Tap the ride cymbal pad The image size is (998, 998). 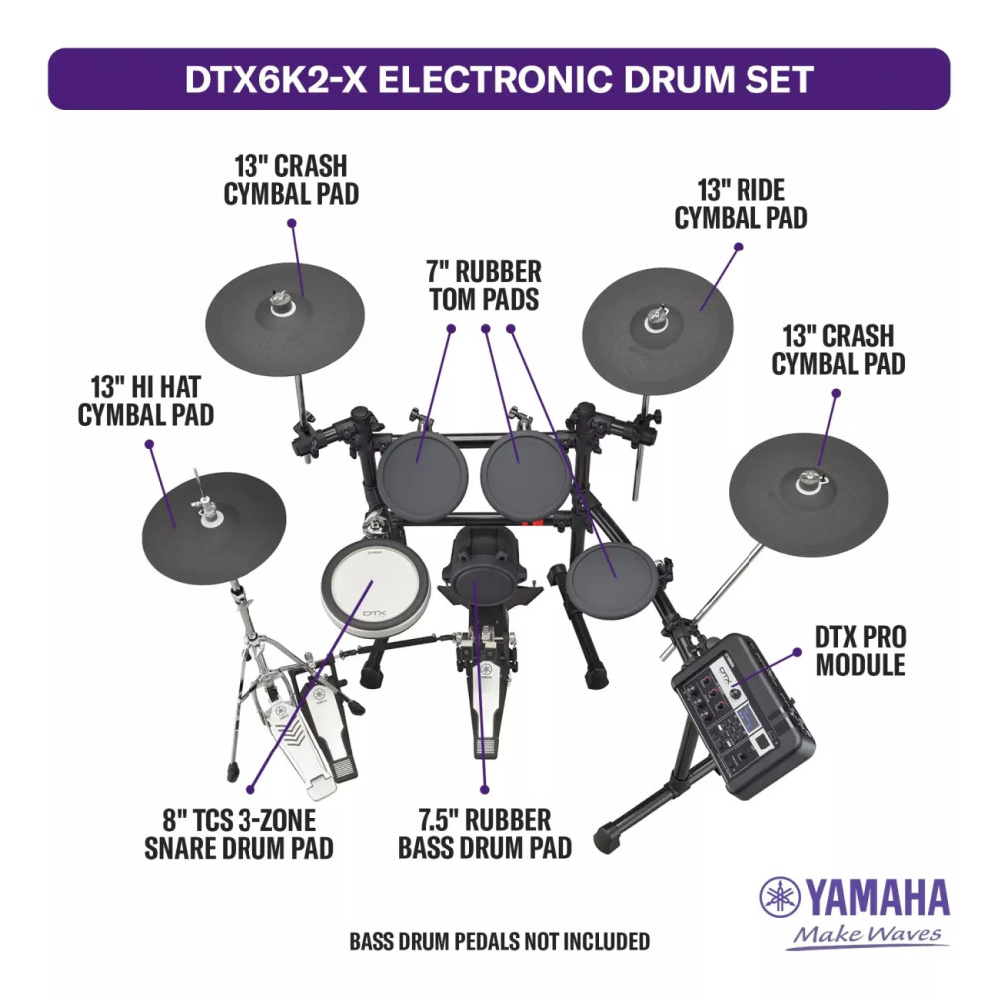pos(658,331)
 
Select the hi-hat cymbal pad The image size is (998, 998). pos(214,528)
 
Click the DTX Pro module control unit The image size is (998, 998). pos(744,715)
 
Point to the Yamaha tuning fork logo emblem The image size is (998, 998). pos(780,897)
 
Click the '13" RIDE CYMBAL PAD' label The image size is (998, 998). pos(741,204)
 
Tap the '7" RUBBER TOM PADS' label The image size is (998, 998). pos(484,285)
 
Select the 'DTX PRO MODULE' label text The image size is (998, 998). pos(860,651)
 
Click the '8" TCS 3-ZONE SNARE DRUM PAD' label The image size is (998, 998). pos(239,834)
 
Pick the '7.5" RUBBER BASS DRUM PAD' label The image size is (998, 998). pos(485,833)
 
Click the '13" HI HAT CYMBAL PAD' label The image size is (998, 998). pos(145,401)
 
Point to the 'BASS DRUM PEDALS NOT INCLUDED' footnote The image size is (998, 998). pos(500,941)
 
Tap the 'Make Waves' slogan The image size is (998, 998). pos(867,934)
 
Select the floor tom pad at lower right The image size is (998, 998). pos(612,582)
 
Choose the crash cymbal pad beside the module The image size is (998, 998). pos(808,495)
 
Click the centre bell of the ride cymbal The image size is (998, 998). pos(655,320)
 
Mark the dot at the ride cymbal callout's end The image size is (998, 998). pos(739,247)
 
